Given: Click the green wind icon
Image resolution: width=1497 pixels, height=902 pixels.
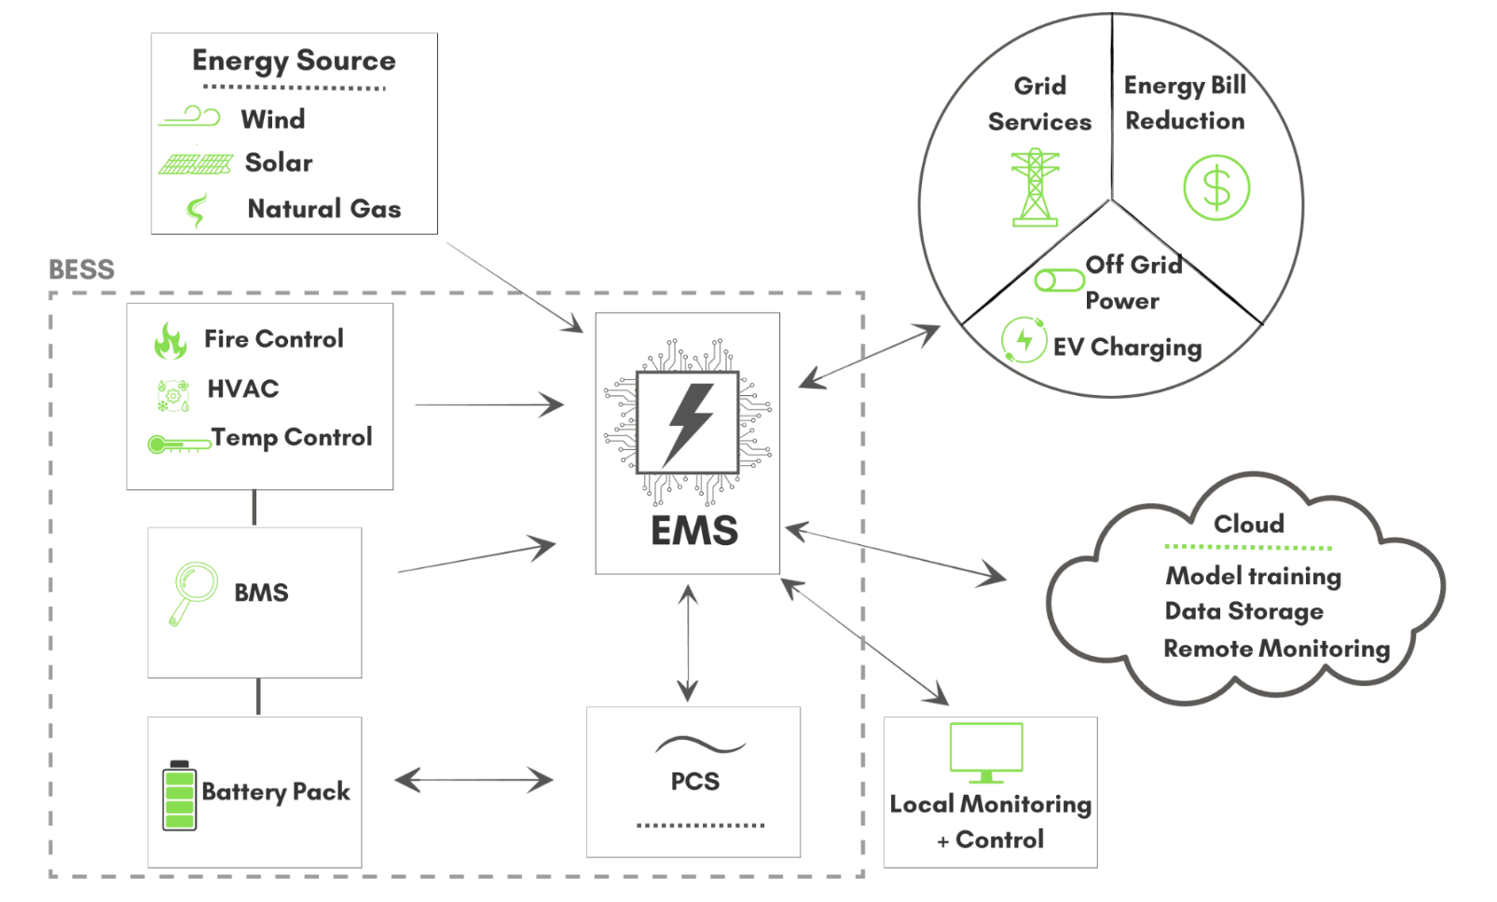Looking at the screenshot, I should click(x=190, y=117).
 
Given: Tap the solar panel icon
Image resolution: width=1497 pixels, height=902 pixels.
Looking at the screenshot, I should click(x=195, y=164).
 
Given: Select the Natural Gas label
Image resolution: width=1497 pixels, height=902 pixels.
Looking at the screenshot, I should click(x=323, y=209).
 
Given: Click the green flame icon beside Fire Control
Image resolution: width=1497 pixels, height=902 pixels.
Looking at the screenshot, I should click(x=171, y=341).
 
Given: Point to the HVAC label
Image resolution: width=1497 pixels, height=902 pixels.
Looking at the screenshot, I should click(x=243, y=389).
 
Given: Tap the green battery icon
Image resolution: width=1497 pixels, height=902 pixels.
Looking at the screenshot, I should click(x=179, y=795).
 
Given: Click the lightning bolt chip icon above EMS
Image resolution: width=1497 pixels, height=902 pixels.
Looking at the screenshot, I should click(x=688, y=423).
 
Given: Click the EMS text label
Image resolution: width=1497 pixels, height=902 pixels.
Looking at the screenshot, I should click(x=694, y=531).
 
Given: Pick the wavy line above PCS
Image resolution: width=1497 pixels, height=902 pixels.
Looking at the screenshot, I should click(x=700, y=744).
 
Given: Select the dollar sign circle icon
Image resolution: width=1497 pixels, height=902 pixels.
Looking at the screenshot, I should click(x=1215, y=188).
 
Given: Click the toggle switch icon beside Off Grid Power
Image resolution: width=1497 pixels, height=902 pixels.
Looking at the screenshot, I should click(x=1058, y=280).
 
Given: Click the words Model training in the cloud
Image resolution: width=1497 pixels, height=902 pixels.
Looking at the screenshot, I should click(x=1253, y=576).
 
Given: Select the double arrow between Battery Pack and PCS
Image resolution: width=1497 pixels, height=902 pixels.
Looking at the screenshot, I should click(x=474, y=780).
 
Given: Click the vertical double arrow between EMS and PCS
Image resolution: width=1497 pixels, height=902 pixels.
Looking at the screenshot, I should click(x=688, y=643).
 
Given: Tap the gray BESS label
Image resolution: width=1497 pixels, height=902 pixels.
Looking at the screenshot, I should click(x=81, y=270).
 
